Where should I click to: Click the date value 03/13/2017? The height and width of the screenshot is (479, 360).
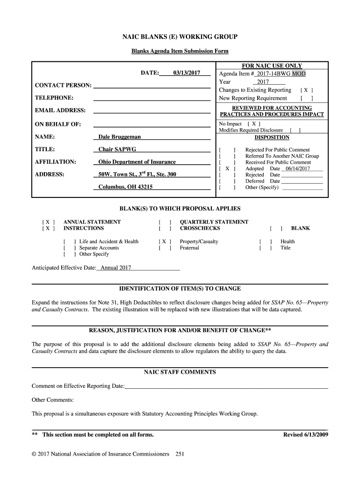pyautogui.click(x=186, y=73)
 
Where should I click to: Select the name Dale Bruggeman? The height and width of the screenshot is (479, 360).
pyautogui.click(x=119, y=137)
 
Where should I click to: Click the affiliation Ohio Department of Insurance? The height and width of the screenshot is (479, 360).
pyautogui.click(x=137, y=162)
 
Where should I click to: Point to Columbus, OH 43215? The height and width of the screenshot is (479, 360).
pyautogui.click(x=125, y=187)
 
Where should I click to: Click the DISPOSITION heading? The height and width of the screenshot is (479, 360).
pyautogui.click(x=272, y=138)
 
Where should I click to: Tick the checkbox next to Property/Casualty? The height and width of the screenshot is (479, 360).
pyautogui.click(x=164, y=242)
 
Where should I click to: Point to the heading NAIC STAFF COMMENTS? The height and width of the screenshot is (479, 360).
pyautogui.click(x=180, y=372)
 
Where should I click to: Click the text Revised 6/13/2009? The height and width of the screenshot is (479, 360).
pyautogui.click(x=306, y=435)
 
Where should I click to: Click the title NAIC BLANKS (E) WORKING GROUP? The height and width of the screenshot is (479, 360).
pyautogui.click(x=180, y=37)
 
